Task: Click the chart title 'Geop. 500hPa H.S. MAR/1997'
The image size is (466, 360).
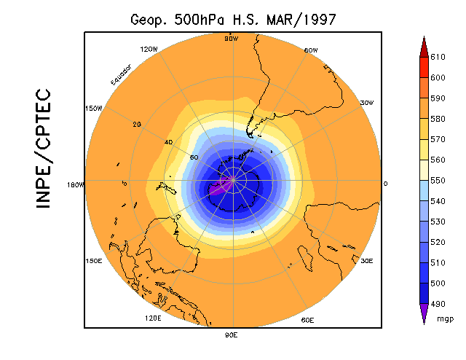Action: (x=233, y=20)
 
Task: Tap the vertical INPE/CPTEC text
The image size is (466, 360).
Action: (x=44, y=149)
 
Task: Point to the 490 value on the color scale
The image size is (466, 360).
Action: (x=437, y=303)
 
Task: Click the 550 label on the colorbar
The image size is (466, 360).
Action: (x=437, y=179)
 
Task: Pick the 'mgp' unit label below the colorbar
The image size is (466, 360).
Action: (x=445, y=318)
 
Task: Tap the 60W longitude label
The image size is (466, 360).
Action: (x=311, y=50)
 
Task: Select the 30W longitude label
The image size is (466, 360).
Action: (x=367, y=103)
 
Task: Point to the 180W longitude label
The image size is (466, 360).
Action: (x=76, y=184)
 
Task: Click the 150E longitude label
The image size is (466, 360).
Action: (x=93, y=261)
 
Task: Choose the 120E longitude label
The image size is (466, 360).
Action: (x=153, y=318)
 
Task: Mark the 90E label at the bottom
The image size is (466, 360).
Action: (x=232, y=334)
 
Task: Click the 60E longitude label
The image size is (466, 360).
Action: (x=307, y=320)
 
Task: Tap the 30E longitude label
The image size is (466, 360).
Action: (x=367, y=261)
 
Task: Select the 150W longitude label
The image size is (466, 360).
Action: (x=93, y=108)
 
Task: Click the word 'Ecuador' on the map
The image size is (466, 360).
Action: (x=121, y=75)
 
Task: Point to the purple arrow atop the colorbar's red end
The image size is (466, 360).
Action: (x=423, y=45)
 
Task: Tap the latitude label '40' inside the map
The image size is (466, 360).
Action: (x=169, y=142)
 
